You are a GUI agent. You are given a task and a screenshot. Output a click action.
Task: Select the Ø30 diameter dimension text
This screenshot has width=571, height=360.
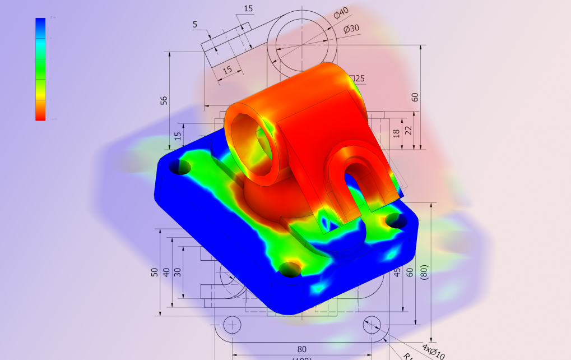pos(351,29)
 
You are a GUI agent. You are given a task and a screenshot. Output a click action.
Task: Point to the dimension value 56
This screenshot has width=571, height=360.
pos(164,100)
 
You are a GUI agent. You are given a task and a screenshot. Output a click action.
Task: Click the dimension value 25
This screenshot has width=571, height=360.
pos(359,79)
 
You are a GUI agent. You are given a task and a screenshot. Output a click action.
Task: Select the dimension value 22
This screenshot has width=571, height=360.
pos(408,130)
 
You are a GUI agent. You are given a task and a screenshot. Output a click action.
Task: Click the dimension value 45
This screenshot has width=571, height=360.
pos(397,273)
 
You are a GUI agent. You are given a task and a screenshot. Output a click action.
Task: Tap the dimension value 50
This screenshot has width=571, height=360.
pos(155,272)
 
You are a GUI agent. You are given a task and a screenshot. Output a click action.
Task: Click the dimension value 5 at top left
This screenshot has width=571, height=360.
pos(195,25)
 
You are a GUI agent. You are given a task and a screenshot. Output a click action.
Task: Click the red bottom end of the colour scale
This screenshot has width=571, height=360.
pos(40,115)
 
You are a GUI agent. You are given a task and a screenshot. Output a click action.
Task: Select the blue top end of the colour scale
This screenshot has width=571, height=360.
pos(40,24)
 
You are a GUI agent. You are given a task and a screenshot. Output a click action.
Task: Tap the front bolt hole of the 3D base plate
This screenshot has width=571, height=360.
pos(290,269)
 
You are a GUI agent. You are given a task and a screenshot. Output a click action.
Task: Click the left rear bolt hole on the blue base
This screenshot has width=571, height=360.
pos(180,166)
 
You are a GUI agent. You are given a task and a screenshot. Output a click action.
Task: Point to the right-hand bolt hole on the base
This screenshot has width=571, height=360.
pos(397,221)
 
